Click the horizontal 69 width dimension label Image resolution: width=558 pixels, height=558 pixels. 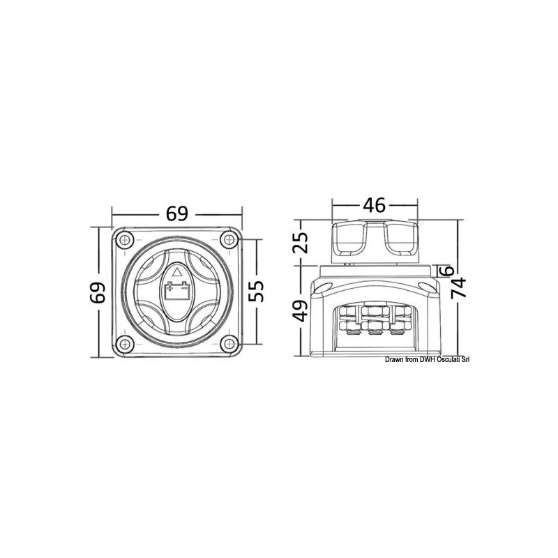pyautogui.click(x=177, y=213)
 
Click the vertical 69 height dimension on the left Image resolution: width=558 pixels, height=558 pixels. pyautogui.click(x=98, y=293)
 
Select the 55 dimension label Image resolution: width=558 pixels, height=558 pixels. pyautogui.click(x=257, y=293)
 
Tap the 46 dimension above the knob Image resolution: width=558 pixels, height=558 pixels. pyautogui.click(x=375, y=206)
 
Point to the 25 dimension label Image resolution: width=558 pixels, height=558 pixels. pyautogui.click(x=300, y=244)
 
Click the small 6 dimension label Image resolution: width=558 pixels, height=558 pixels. pyautogui.click(x=449, y=271)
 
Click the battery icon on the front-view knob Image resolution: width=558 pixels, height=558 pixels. pyautogui.click(x=176, y=289)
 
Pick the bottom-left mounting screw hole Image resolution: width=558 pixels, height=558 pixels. pyautogui.click(x=123, y=343)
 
